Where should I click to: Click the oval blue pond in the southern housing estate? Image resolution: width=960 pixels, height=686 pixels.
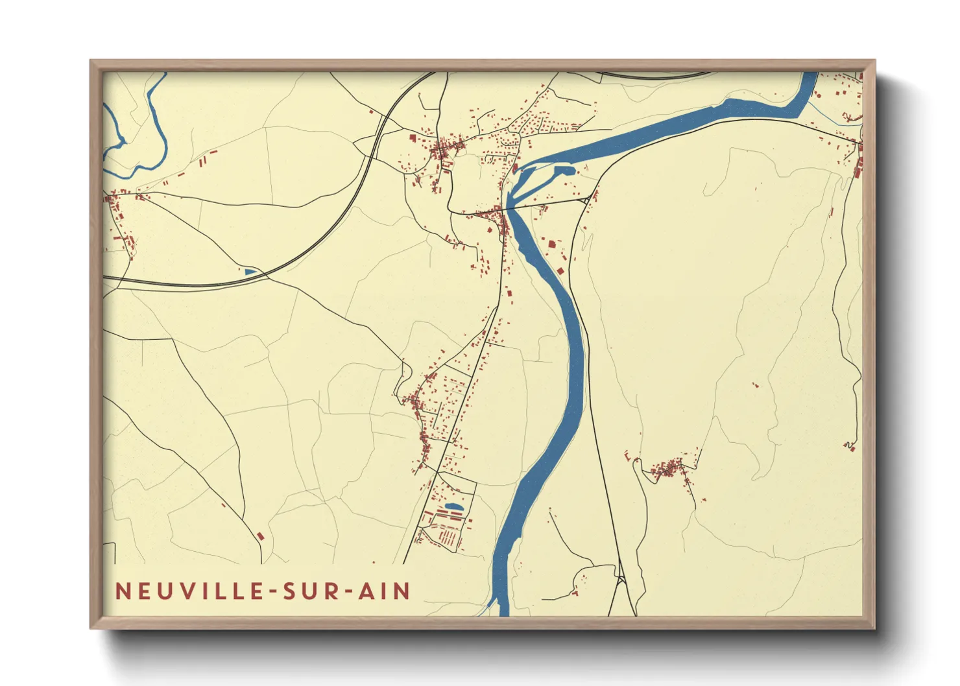(453, 506)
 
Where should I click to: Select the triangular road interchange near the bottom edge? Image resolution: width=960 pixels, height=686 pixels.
(621, 579)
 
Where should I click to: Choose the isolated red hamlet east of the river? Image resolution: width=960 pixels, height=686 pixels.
(668, 467)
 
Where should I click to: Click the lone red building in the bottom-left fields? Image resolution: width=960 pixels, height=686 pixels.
(261, 536)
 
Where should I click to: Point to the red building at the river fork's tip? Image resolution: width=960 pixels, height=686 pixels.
(515, 169)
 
